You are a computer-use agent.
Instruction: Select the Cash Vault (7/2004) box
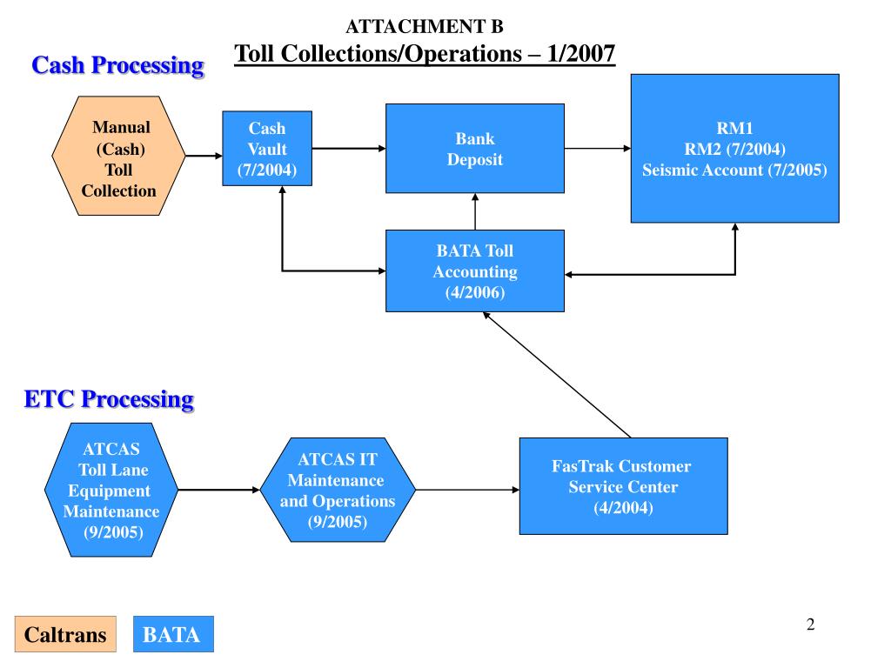[x=267, y=149]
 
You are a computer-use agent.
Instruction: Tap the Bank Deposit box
[x=475, y=149]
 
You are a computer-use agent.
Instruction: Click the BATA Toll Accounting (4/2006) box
[x=475, y=271]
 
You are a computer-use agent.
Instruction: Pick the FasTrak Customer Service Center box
[x=623, y=486]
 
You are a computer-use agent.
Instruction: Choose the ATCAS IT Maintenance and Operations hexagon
[x=338, y=491]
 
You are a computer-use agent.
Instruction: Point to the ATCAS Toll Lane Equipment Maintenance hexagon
[x=111, y=490]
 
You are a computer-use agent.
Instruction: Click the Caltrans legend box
[x=65, y=634]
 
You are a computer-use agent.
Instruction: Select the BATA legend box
[x=172, y=634]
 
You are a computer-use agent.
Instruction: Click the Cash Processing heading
[x=117, y=65]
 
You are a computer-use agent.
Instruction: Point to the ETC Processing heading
[x=108, y=399]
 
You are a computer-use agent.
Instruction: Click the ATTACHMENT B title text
[x=425, y=26]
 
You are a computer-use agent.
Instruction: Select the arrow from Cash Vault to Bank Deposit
[x=348, y=149]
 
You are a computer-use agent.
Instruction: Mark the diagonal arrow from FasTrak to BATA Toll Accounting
[x=557, y=375]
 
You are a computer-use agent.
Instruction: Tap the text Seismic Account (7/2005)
[x=734, y=170]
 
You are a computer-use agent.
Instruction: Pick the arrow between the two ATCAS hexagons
[x=218, y=490]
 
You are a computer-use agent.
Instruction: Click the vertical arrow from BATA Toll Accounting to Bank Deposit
[x=475, y=211]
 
